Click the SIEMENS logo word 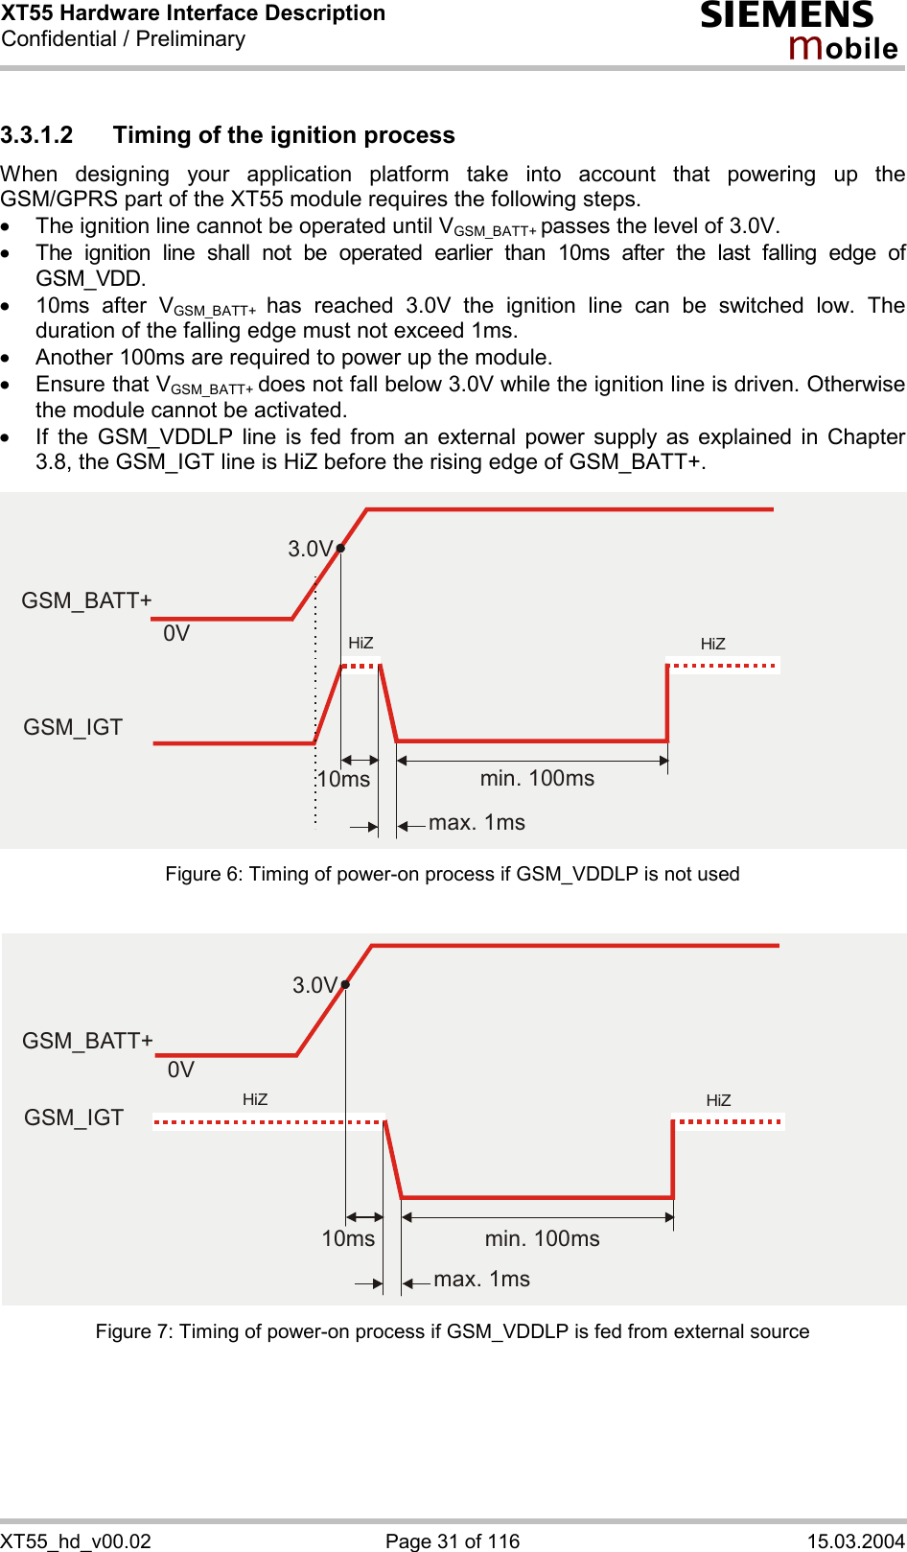coord(786,15)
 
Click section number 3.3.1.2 coord(36,135)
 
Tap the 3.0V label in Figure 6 coord(310,549)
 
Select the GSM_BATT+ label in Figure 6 coord(86,600)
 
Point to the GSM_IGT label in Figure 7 coord(74,1117)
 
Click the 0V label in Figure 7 coord(180,1070)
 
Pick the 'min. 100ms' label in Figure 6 coord(537,778)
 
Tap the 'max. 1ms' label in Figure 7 coord(481,1279)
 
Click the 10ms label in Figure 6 coord(343,779)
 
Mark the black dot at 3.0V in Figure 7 coord(345,984)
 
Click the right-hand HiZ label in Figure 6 coord(712,644)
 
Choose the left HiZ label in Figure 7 coord(255,1099)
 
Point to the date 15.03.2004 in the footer coord(855,1540)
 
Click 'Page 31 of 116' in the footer coord(453,1540)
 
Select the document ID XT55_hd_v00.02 coord(76,1540)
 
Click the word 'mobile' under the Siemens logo coord(843,47)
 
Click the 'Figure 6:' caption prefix coord(204,874)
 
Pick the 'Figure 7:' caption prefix coord(134,1331)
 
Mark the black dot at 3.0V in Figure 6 coord(340,549)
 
